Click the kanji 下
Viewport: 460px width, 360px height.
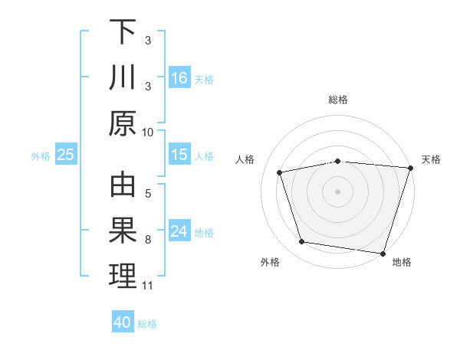(x=123, y=32)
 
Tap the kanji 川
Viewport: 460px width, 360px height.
(x=123, y=78)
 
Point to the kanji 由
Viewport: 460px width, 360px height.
(x=123, y=187)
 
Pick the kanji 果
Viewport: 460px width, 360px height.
(x=123, y=231)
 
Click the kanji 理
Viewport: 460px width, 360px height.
(x=123, y=277)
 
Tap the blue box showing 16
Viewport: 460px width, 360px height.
(x=179, y=78)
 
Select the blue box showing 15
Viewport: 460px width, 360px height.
(x=179, y=155)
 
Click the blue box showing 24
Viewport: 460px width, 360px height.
(x=179, y=232)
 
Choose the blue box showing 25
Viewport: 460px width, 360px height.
(x=66, y=155)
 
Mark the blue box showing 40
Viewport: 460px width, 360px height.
(x=123, y=322)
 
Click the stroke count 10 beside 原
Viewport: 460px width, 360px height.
(x=148, y=132)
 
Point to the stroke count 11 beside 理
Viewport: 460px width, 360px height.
(x=148, y=286)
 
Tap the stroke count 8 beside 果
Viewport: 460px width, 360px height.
(x=148, y=240)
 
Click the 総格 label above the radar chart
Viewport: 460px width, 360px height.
(x=338, y=100)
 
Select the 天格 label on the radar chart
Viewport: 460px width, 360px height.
(x=431, y=159)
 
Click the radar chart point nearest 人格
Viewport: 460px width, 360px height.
(x=281, y=172)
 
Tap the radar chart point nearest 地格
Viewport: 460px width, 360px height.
(x=383, y=253)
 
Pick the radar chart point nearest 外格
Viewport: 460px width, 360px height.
(x=302, y=242)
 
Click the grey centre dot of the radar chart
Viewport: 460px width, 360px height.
(x=338, y=191)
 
